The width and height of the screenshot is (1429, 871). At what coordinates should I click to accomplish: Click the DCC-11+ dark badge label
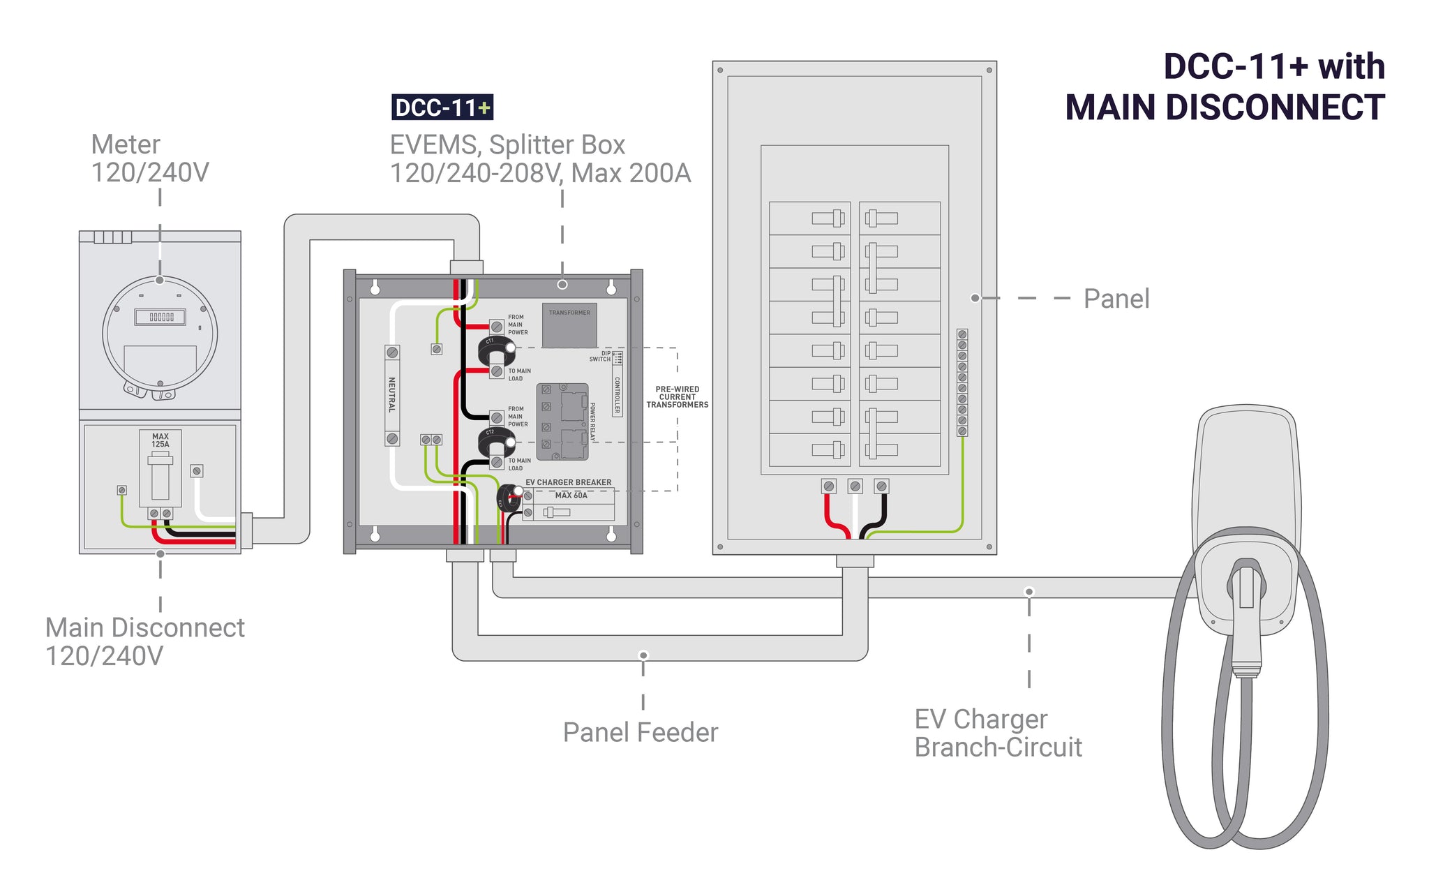point(442,107)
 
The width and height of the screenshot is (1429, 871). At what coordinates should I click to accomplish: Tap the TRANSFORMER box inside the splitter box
point(569,325)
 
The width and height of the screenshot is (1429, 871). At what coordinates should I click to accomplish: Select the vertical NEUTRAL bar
point(392,394)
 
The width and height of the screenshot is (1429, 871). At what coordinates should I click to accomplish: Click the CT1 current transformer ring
point(496,350)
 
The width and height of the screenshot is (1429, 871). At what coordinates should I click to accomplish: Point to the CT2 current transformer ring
point(496,441)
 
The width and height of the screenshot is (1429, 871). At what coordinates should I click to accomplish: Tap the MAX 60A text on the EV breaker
point(571,496)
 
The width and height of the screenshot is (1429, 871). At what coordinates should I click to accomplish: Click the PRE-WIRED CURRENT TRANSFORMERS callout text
point(677,397)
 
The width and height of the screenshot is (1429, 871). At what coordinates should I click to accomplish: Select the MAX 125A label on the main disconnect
point(160,440)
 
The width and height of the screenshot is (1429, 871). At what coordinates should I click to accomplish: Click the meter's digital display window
point(160,317)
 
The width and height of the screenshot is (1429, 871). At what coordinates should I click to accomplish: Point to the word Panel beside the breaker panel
point(1116,299)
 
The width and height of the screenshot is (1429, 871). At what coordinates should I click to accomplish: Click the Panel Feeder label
point(641,732)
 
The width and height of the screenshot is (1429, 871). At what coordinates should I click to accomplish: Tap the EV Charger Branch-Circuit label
point(998,733)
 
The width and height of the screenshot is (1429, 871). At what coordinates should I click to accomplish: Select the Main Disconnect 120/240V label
point(144,641)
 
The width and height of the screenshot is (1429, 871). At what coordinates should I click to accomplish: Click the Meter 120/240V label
point(150,158)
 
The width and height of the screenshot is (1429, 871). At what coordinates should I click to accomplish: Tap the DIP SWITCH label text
point(601,357)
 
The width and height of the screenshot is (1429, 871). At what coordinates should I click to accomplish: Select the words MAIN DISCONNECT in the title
point(1225,107)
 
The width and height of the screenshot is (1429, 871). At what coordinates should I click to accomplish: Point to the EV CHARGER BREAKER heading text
point(568,482)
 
